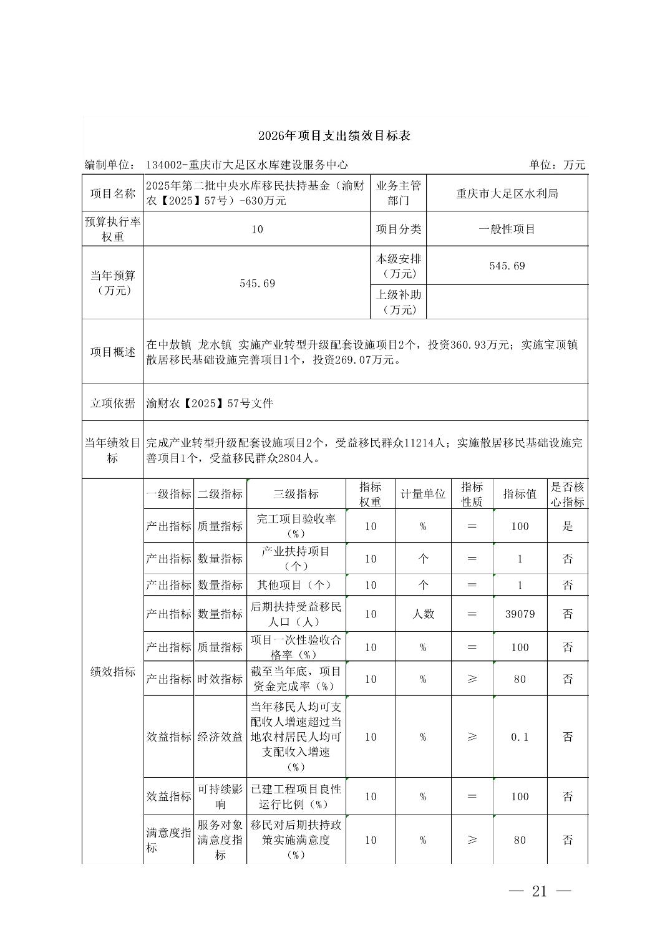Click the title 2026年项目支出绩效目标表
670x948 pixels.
334,136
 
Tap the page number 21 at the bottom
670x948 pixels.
540,891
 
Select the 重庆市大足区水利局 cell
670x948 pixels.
507,193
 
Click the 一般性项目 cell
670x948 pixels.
507,229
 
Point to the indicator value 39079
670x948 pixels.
520,614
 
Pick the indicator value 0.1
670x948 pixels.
520,737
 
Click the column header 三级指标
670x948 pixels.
296,494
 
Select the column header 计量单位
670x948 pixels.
423,494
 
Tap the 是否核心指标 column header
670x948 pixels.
567,494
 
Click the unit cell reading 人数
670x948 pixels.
423,614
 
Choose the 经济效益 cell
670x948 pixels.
220,737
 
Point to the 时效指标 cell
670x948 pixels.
220,679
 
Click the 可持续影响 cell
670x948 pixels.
220,796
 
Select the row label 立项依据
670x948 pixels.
112,404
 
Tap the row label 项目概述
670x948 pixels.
112,352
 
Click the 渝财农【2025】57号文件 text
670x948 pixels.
210,404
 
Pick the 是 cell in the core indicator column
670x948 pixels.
567,526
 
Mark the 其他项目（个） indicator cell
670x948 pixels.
296,585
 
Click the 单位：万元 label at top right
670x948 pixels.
556,165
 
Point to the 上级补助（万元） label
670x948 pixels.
398,302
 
